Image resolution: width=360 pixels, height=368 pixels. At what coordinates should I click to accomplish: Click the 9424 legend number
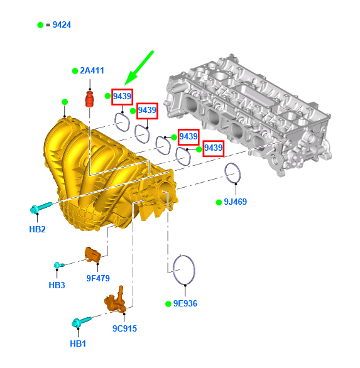[62, 24]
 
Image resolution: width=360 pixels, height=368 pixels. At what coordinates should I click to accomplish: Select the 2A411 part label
[92, 70]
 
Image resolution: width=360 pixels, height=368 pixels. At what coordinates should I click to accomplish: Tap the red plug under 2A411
[89, 99]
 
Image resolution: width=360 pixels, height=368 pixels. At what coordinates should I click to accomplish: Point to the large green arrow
[139, 68]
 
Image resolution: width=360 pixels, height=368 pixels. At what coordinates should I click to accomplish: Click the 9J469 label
[236, 202]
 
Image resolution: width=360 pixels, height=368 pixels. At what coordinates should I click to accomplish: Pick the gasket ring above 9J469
[226, 173]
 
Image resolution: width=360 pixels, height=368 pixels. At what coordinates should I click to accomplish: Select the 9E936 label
[185, 303]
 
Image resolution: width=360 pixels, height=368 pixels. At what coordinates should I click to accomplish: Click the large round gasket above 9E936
[173, 270]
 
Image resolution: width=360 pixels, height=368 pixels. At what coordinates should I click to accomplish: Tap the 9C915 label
[124, 328]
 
